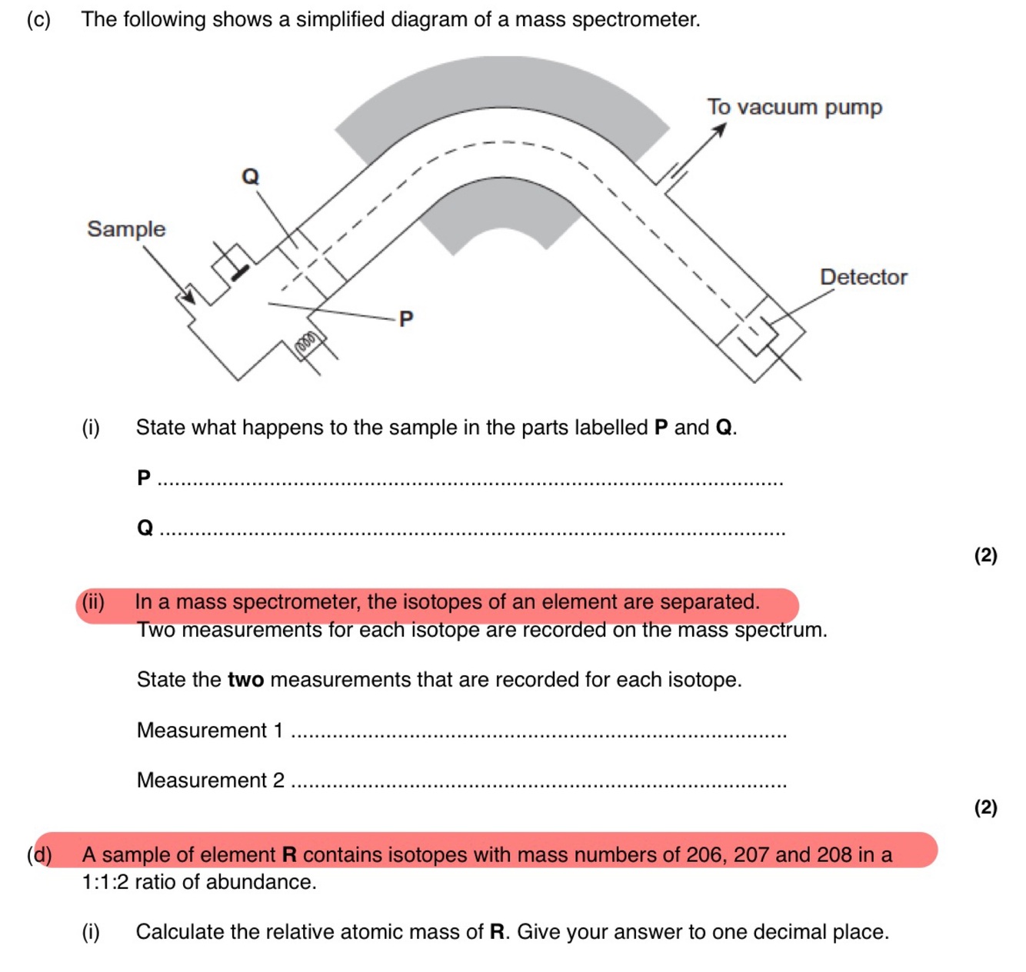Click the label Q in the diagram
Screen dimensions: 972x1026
(251, 177)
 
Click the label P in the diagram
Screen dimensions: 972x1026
(406, 318)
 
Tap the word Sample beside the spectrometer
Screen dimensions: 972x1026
(126, 229)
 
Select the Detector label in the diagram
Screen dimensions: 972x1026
(863, 277)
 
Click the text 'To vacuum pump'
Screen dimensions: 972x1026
(794, 107)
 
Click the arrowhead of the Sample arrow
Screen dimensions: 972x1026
(187, 296)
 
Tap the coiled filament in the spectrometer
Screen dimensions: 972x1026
(306, 342)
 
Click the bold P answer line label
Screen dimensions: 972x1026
(144, 478)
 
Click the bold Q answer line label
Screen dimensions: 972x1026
(145, 528)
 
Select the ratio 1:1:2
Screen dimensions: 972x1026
(105, 882)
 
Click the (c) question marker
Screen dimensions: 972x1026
(38, 19)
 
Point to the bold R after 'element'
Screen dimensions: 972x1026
(289, 855)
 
